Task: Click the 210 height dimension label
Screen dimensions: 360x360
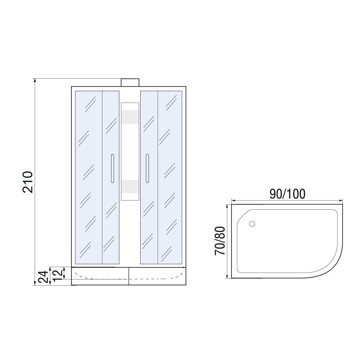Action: pyautogui.click(x=28, y=182)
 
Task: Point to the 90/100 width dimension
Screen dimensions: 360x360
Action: pyautogui.click(x=287, y=194)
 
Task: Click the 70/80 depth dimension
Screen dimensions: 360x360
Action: pyautogui.click(x=220, y=241)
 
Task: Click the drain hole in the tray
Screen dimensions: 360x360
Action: pyautogui.click(x=252, y=224)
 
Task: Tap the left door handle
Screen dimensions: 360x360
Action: pyautogui.click(x=112, y=169)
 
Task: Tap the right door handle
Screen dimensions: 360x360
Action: pyautogui.click(x=147, y=169)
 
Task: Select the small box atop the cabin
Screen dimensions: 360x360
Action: pyautogui.click(x=130, y=82)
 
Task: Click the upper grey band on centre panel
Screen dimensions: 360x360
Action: pyautogui.click(x=130, y=117)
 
